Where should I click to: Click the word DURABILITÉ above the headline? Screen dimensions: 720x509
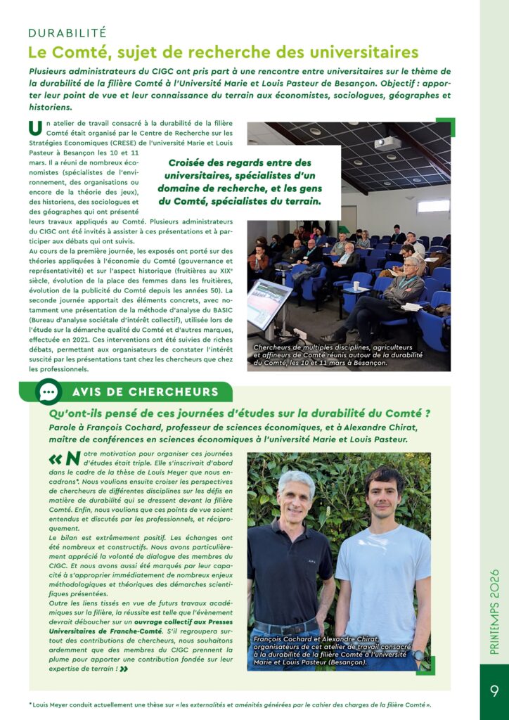(67, 32)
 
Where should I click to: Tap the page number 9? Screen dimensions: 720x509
(494, 691)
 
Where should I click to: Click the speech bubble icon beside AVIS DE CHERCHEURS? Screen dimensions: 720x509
(49, 392)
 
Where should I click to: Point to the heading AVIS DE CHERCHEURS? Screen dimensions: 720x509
(145, 392)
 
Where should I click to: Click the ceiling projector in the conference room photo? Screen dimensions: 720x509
(387, 143)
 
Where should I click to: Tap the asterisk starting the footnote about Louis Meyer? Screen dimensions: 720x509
(31, 704)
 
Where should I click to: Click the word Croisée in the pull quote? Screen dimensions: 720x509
(192, 162)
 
